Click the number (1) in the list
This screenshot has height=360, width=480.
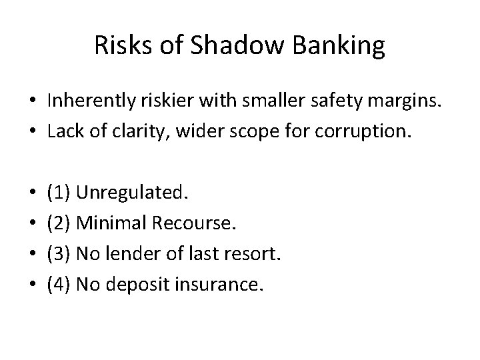point(59,193)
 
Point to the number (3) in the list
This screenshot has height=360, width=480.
point(59,254)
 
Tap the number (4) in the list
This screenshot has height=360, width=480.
point(59,285)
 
